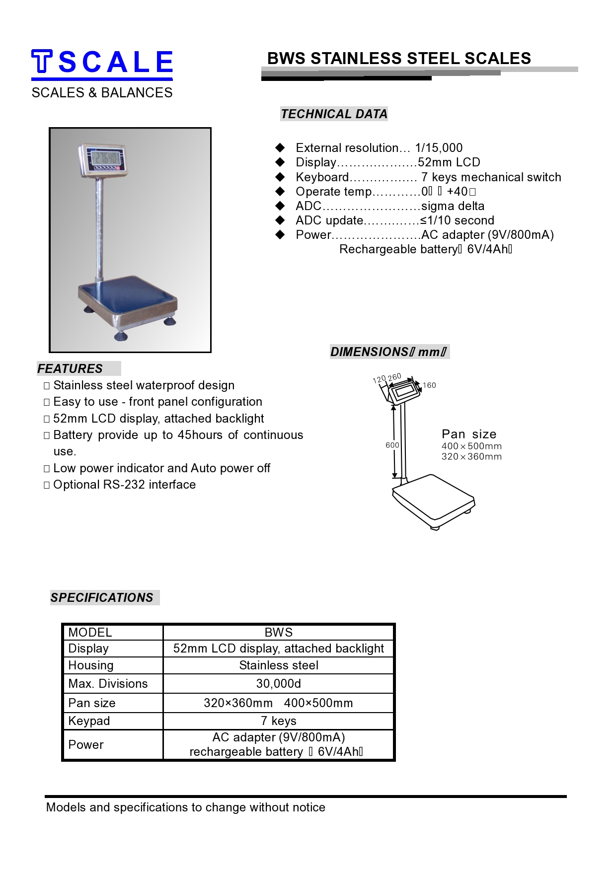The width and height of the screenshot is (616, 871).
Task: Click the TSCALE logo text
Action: pyautogui.click(x=102, y=63)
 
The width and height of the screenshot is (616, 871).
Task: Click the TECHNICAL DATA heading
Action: pyautogui.click(x=334, y=114)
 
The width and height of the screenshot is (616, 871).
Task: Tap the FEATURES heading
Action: pyautogui.click(x=70, y=369)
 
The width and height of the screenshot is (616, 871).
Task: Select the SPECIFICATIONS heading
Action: pyautogui.click(x=102, y=598)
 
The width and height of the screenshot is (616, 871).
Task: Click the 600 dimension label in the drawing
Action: pyautogui.click(x=392, y=445)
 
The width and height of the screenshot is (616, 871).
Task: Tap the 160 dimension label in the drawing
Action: pyautogui.click(x=429, y=385)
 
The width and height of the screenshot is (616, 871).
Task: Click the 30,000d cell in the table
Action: pyautogui.click(x=278, y=684)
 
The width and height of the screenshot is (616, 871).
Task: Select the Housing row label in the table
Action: pyautogui.click(x=91, y=665)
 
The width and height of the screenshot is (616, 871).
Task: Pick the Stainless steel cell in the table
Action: pyautogui.click(x=278, y=665)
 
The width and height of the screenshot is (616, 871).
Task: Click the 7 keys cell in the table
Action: pyautogui.click(x=278, y=721)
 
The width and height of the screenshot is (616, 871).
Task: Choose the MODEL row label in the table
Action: pyautogui.click(x=90, y=633)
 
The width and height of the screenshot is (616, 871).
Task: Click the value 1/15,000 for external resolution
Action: pyautogui.click(x=439, y=148)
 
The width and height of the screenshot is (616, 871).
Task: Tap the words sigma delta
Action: pyautogui.click(x=453, y=206)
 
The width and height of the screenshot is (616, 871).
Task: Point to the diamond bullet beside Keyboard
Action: pyautogui.click(x=280, y=177)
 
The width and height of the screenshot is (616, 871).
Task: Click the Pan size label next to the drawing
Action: pyautogui.click(x=469, y=434)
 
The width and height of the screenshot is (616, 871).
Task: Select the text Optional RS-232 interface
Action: pyautogui.click(x=124, y=485)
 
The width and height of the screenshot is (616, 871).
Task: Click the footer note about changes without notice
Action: pyautogui.click(x=185, y=807)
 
